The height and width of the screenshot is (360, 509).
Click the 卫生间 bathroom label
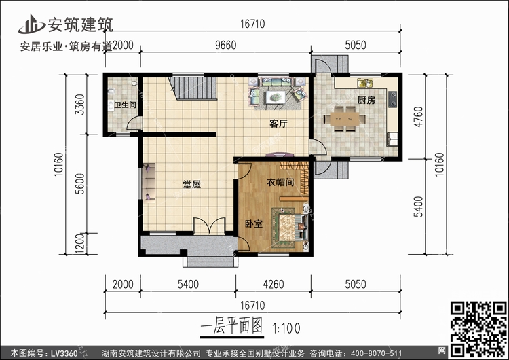pyautogui.click(x=125, y=105)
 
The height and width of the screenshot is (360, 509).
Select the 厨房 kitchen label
pyautogui.click(x=366, y=99)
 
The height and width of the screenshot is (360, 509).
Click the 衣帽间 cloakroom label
pyautogui.click(x=280, y=181)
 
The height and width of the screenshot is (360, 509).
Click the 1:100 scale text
pyautogui.click(x=288, y=327)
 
